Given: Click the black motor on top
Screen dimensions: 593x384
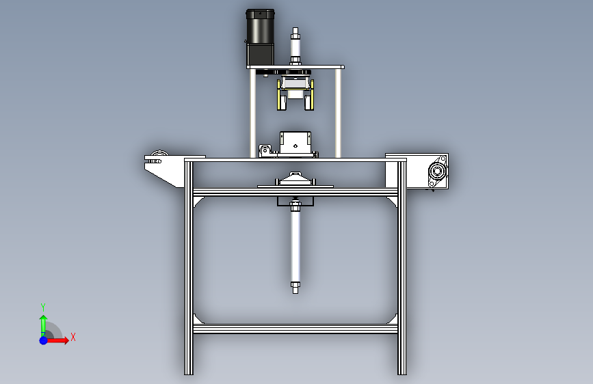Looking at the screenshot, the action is [x=260, y=37].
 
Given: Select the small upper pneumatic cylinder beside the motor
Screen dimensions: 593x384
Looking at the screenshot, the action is [x=295, y=46].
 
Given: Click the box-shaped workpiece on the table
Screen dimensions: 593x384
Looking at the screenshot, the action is [x=295, y=143].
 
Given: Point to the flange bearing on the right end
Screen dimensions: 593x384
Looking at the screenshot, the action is [x=438, y=172].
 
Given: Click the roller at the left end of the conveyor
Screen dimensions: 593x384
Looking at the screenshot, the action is [x=159, y=154].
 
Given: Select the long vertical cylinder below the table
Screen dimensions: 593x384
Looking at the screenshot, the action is [x=295, y=246].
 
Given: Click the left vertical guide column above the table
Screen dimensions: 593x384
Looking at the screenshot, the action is [x=252, y=113].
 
